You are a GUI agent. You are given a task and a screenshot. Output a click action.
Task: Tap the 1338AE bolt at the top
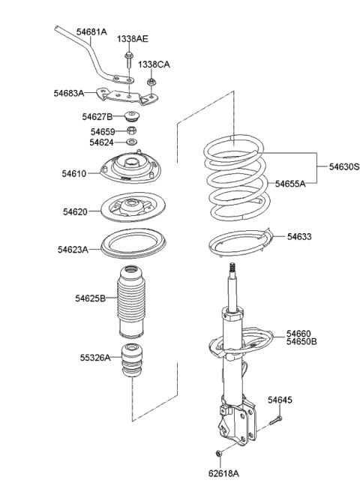click(130, 61)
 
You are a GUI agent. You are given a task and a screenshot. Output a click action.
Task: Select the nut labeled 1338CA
click(153, 82)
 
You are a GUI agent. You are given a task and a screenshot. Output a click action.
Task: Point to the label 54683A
click(68, 93)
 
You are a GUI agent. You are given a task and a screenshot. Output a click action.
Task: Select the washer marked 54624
click(132, 142)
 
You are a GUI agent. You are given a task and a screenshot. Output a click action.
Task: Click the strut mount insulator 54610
click(132, 172)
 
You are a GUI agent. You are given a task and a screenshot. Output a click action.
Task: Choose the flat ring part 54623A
click(132, 244)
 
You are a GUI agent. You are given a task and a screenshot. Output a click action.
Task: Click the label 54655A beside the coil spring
click(289, 183)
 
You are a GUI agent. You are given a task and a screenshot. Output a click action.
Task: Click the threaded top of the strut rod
click(233, 269)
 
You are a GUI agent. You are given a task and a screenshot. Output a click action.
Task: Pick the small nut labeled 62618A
click(217, 453)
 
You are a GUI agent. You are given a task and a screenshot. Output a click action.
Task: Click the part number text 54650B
click(301, 341)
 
